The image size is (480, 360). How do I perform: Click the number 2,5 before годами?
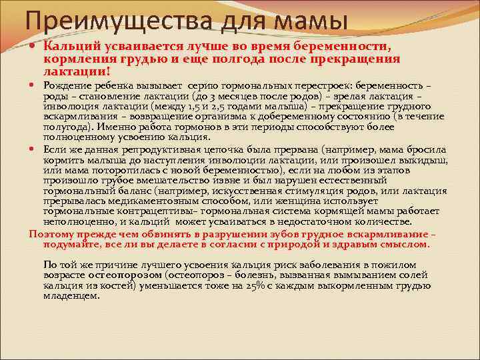point(221,105)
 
